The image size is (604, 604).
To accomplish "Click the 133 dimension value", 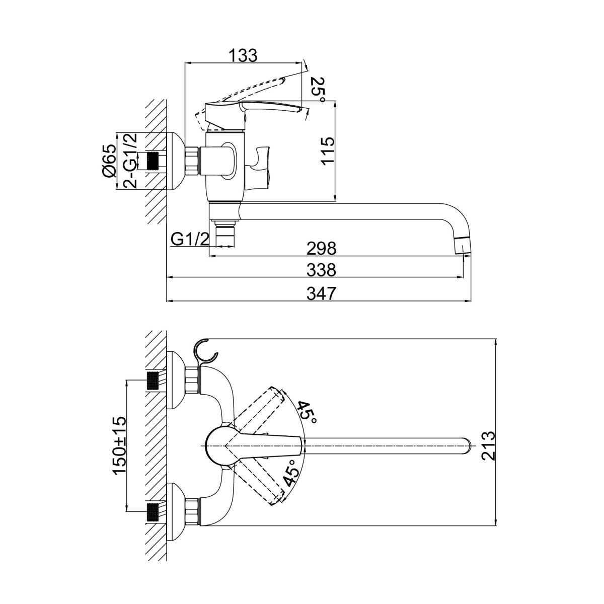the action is click(x=243, y=55).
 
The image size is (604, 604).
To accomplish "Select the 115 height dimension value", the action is click(x=328, y=150).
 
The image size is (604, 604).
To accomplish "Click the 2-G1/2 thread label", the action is click(x=130, y=161).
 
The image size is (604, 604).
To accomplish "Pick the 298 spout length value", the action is click(x=321, y=249).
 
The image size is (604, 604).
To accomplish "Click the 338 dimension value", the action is click(x=321, y=270).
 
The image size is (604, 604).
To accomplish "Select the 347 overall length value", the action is click(x=321, y=293).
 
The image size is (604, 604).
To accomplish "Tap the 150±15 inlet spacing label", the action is click(x=120, y=441).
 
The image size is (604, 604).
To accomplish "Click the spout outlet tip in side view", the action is click(x=463, y=247).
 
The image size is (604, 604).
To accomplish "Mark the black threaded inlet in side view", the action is click(x=153, y=161).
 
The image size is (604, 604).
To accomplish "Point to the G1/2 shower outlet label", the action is click(x=190, y=240).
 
